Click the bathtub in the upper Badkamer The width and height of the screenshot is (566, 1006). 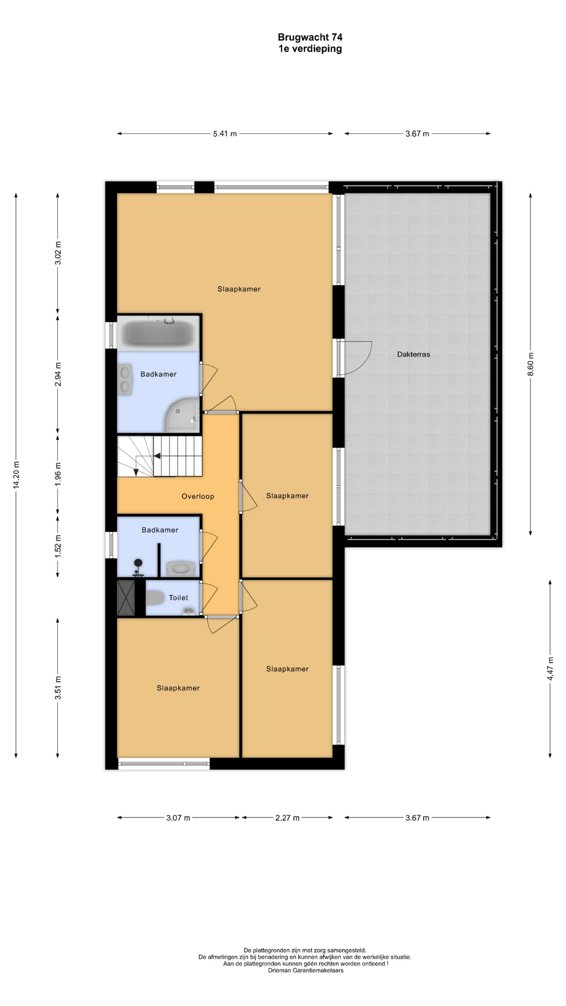tap(157, 333)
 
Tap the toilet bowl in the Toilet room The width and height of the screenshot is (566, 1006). tap(155, 597)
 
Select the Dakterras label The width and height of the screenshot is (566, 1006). tap(413, 354)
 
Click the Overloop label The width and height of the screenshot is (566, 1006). tap(198, 496)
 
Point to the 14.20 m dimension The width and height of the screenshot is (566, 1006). tap(16, 475)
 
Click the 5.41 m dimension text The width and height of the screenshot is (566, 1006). tap(225, 134)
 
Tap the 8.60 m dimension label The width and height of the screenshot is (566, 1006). tap(530, 364)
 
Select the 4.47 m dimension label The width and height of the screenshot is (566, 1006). tap(550, 669)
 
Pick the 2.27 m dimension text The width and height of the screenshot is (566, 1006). tap(287, 817)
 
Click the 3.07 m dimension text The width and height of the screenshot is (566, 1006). tap(178, 817)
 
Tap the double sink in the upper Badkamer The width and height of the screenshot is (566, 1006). tap(125, 380)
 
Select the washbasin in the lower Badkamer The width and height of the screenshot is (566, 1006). tap(181, 568)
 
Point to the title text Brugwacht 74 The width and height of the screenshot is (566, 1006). tap(310, 37)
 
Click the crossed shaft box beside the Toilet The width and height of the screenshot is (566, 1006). tap(126, 598)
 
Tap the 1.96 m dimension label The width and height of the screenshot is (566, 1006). tap(58, 473)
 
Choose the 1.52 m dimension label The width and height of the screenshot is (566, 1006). tap(58, 545)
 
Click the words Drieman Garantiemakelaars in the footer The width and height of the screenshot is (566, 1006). tap(306, 970)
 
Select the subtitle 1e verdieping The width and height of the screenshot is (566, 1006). tap(310, 49)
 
